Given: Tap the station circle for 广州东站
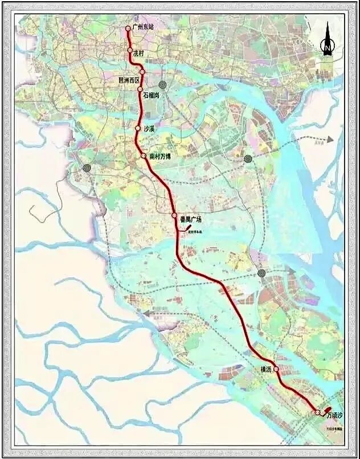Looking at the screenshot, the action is (x=128, y=28).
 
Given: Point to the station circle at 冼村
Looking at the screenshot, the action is (x=130, y=51).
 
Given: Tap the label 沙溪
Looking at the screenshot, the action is (x=150, y=129).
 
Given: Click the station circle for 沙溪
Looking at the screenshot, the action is (x=138, y=128).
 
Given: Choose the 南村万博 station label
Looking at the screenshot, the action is (x=160, y=156).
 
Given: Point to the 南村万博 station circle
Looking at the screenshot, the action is (x=144, y=155).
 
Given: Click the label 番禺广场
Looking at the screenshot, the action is (x=190, y=219).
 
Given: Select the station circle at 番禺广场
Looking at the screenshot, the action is (x=175, y=215).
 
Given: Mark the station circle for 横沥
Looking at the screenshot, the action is (x=276, y=369).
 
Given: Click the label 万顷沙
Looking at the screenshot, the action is (x=335, y=416).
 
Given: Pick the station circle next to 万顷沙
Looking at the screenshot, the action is (x=317, y=412).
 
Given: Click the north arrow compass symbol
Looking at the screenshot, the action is (x=328, y=40).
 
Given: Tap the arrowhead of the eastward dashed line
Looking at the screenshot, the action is (x=330, y=139).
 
